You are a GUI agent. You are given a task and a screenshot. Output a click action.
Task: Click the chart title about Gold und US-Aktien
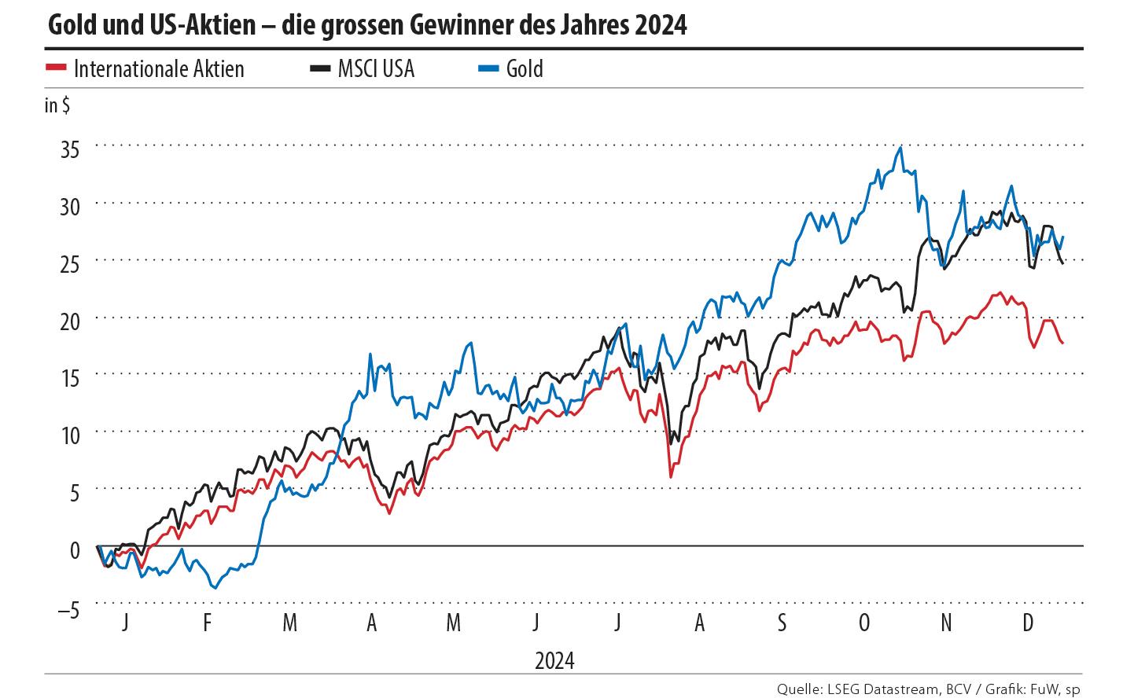(x=366, y=25)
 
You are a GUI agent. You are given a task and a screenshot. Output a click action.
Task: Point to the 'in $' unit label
(x=57, y=105)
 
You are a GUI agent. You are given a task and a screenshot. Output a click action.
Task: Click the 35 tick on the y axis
(x=70, y=149)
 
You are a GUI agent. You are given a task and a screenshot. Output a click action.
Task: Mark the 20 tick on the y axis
(x=70, y=321)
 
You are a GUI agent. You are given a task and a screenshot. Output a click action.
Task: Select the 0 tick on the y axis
(x=75, y=549)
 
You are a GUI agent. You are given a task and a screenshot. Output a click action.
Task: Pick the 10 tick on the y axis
(x=70, y=435)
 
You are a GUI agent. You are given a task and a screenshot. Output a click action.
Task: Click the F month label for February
(x=208, y=623)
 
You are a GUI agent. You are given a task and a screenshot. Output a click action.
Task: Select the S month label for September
(x=782, y=623)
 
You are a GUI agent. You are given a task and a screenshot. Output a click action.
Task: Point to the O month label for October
(x=864, y=623)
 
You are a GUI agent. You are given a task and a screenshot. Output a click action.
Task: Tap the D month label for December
(x=1027, y=623)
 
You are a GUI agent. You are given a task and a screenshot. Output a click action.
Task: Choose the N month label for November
(x=946, y=623)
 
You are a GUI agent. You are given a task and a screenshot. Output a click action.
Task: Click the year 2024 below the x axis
(x=554, y=660)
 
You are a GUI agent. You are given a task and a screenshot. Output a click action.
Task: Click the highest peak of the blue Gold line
(x=900, y=147)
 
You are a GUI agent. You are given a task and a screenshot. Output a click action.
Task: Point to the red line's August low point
(x=671, y=476)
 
